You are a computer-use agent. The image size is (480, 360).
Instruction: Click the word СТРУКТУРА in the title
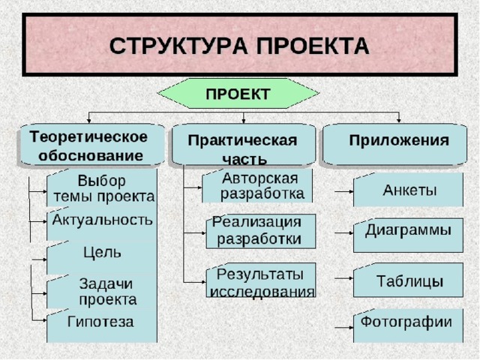click(x=172, y=46)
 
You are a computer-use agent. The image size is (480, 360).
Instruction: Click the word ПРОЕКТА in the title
click(x=309, y=46)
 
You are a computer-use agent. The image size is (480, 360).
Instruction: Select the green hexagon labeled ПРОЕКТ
click(x=238, y=94)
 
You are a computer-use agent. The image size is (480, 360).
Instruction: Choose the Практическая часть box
click(x=242, y=147)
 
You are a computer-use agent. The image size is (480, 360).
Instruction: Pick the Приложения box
click(x=398, y=143)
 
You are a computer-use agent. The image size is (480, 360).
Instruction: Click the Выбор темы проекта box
click(x=103, y=188)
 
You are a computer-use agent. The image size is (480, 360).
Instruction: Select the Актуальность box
click(x=103, y=220)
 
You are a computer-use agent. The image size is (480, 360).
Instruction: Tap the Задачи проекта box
click(x=105, y=290)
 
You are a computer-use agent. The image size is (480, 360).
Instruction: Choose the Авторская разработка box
click(x=258, y=186)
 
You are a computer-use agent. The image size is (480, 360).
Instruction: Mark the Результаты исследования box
click(x=262, y=280)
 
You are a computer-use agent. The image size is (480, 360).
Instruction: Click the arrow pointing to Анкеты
click(x=344, y=192)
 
